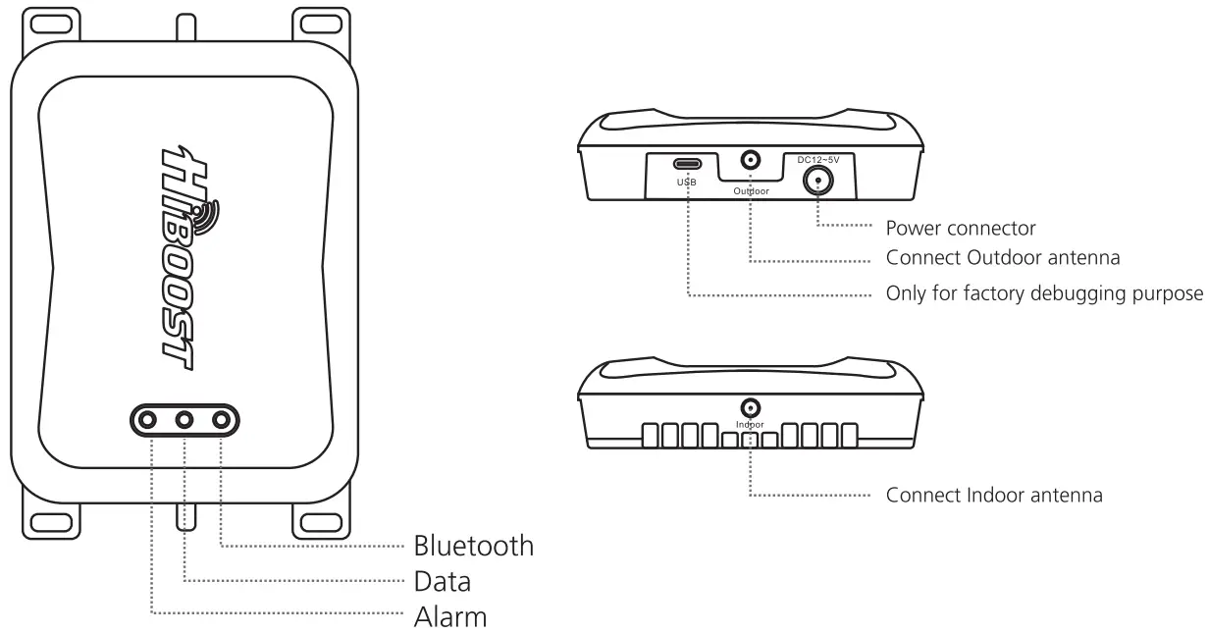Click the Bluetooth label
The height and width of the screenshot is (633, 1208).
click(x=473, y=545)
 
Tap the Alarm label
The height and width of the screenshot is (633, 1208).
click(x=449, y=618)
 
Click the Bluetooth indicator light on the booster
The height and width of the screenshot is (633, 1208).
click(x=222, y=420)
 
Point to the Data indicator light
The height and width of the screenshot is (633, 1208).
click(x=184, y=420)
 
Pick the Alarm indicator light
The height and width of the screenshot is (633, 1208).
click(x=148, y=420)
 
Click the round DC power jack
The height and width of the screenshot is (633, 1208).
click(x=817, y=179)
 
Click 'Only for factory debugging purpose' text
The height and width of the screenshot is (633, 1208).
click(x=1044, y=293)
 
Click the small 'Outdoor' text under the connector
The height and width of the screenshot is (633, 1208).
click(x=752, y=191)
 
